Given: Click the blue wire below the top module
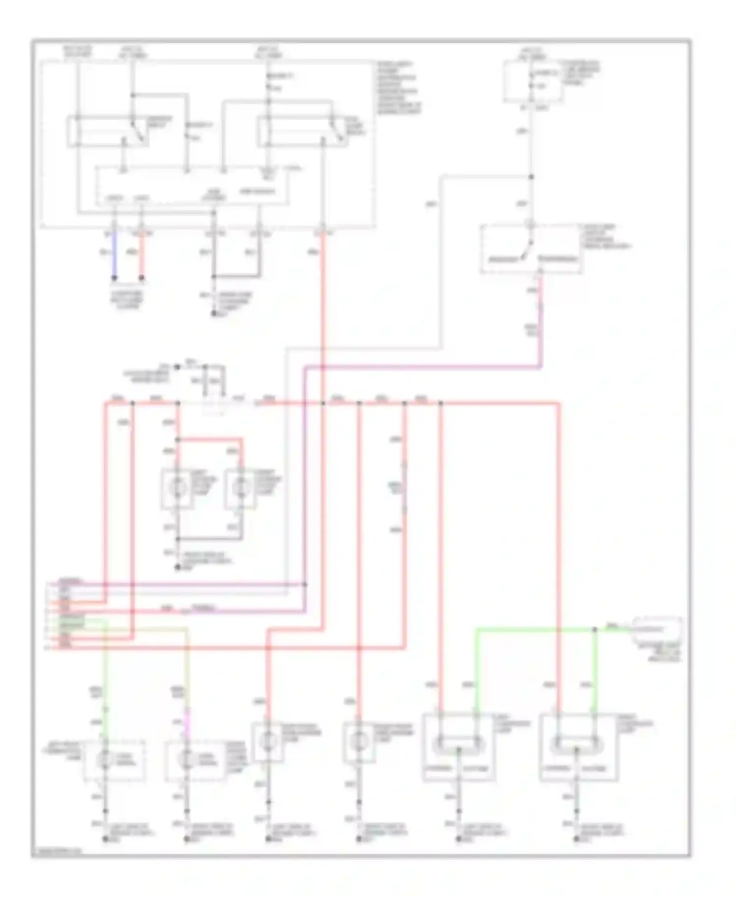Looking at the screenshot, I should pos(114,255).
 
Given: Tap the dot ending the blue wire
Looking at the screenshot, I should pos(114,278).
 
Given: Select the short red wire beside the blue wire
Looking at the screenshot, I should pos(142,255).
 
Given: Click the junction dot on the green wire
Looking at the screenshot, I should pos(595,630).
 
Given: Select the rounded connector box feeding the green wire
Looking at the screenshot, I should pos(657,629).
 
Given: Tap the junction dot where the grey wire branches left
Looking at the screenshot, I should pos(531,177).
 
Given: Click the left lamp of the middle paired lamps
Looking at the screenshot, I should pos(178,488).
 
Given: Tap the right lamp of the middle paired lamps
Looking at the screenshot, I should pos(240,488).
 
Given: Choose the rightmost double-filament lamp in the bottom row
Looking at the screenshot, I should pos(576,745).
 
